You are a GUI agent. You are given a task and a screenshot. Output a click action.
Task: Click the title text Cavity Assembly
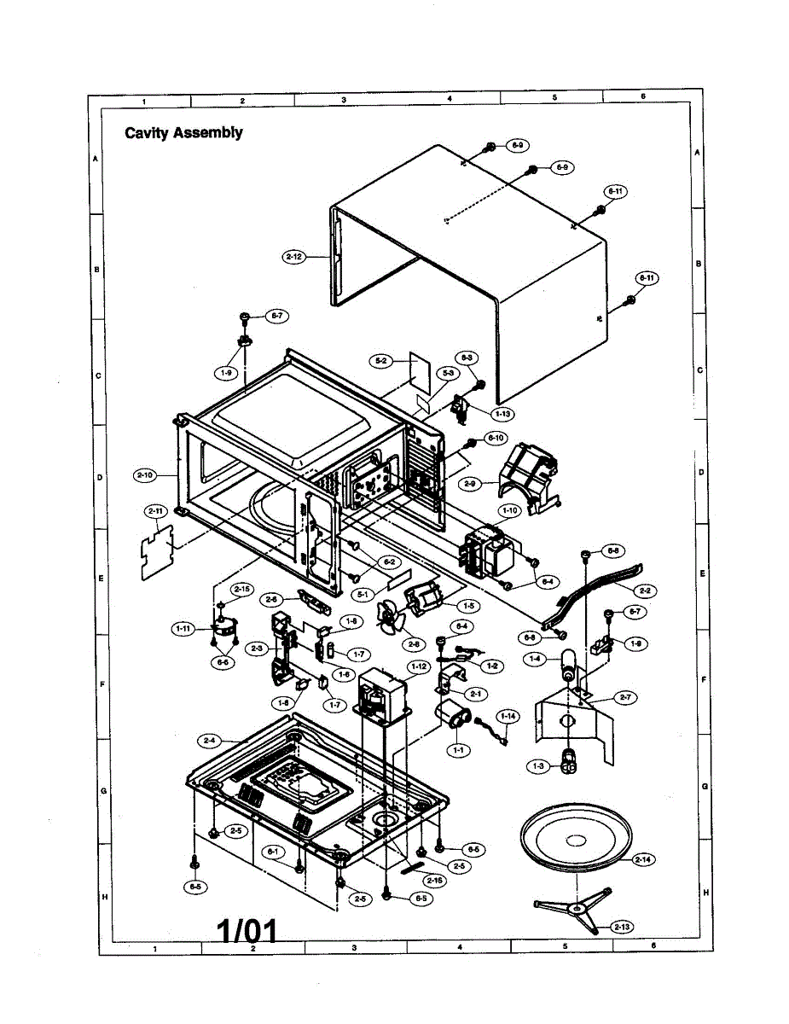pos(183,132)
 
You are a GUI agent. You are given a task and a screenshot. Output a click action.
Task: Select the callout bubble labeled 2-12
pos(294,256)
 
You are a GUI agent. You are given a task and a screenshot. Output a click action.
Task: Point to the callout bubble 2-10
pos(145,474)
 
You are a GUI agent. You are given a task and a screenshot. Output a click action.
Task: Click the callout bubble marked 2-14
pos(642,859)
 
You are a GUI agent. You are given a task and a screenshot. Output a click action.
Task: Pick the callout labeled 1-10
pos(510,510)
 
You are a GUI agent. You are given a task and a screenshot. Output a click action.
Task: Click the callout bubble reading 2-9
pos(468,484)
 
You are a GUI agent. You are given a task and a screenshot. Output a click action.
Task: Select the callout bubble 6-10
pos(496,438)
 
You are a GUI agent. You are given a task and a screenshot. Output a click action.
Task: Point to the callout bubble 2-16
pos(435,880)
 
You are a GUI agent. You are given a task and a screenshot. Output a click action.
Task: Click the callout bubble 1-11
pos(183,629)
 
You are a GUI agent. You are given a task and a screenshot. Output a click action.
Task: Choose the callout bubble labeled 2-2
pos(646,590)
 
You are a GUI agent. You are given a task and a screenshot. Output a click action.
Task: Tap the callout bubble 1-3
pos(538,767)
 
